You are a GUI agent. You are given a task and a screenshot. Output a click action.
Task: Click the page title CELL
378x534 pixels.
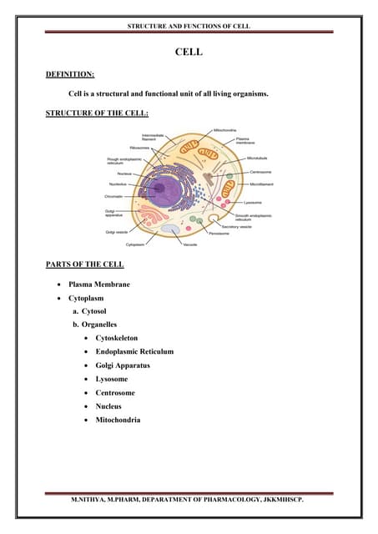189,53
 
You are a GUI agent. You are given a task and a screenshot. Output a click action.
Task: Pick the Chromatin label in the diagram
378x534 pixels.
114,195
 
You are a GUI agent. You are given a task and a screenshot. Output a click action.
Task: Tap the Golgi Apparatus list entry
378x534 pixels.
126,365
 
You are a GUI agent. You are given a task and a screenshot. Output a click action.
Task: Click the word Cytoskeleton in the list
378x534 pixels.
122,338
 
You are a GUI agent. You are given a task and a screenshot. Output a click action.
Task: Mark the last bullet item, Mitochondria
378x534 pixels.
118,420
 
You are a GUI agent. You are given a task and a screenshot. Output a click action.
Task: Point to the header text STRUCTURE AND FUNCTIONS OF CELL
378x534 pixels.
189,27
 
